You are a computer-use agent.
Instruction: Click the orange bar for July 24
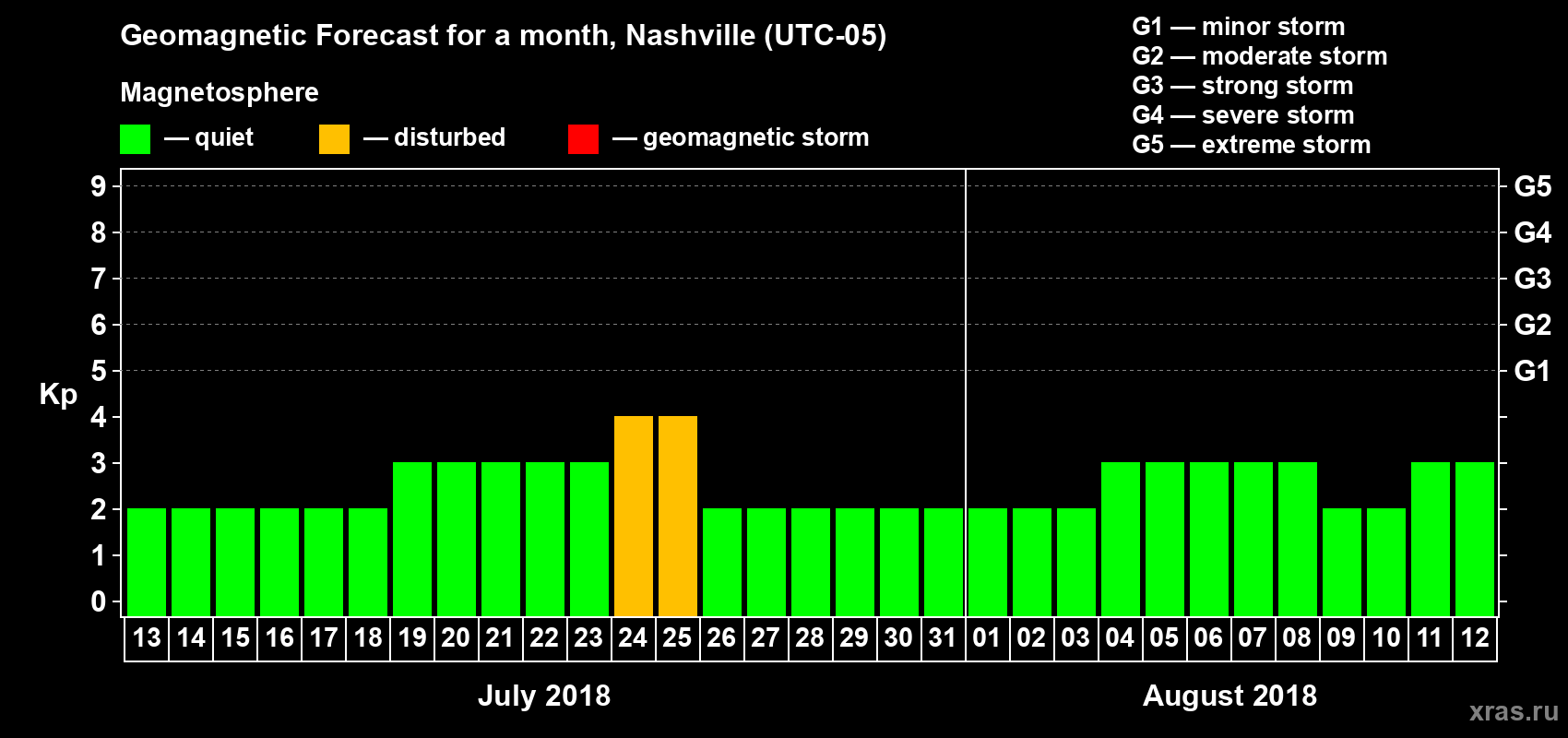click(x=634, y=516)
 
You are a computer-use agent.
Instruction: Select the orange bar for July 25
click(x=678, y=516)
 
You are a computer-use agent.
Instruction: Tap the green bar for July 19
click(x=412, y=539)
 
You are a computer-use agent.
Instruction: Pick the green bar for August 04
click(x=1121, y=539)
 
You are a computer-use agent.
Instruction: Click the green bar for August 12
click(x=1475, y=539)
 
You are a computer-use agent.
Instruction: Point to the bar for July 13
click(x=147, y=562)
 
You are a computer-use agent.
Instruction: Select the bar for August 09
click(x=1342, y=562)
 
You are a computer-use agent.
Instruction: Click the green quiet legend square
click(x=135, y=139)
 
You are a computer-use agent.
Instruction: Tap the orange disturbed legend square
click(x=334, y=139)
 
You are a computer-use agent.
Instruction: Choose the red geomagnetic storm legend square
click(x=583, y=139)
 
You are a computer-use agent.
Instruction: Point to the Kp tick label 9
click(x=99, y=186)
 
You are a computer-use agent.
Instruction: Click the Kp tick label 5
click(x=99, y=371)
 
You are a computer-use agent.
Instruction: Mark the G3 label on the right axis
click(x=1532, y=279)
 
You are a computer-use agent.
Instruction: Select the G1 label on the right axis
click(x=1532, y=371)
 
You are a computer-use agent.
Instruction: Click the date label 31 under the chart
click(x=943, y=637)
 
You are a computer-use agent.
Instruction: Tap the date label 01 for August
click(x=987, y=637)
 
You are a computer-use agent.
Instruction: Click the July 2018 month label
click(x=544, y=696)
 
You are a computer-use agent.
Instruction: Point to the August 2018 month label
click(x=1229, y=696)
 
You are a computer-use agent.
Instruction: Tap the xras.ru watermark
click(x=1514, y=711)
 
